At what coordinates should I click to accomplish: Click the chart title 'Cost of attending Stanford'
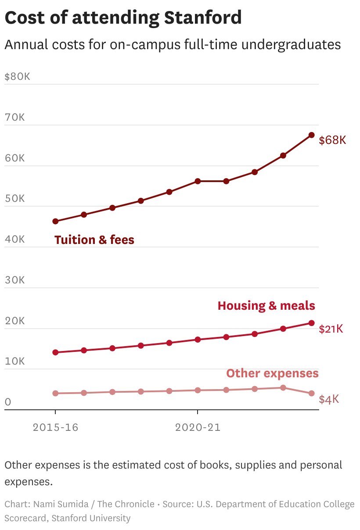123,18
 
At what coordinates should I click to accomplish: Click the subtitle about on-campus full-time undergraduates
173,45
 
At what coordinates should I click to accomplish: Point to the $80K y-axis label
17,76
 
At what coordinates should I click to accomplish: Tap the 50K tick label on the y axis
14,198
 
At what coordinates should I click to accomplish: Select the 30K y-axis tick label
14,280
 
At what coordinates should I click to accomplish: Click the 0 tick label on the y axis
7,402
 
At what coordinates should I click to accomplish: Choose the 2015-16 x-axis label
55,427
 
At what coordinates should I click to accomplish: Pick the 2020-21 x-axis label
198,427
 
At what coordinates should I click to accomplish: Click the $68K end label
332,140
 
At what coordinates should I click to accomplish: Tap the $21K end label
331,329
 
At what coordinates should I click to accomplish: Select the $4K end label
329,399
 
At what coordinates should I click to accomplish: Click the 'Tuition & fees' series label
94,240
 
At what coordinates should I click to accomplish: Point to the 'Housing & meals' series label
266,306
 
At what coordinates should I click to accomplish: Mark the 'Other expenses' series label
272,373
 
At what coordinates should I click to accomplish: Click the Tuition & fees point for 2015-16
55,222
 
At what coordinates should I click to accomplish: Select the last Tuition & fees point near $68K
311,135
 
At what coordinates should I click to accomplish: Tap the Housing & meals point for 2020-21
198,340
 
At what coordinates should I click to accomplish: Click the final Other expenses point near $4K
311,394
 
